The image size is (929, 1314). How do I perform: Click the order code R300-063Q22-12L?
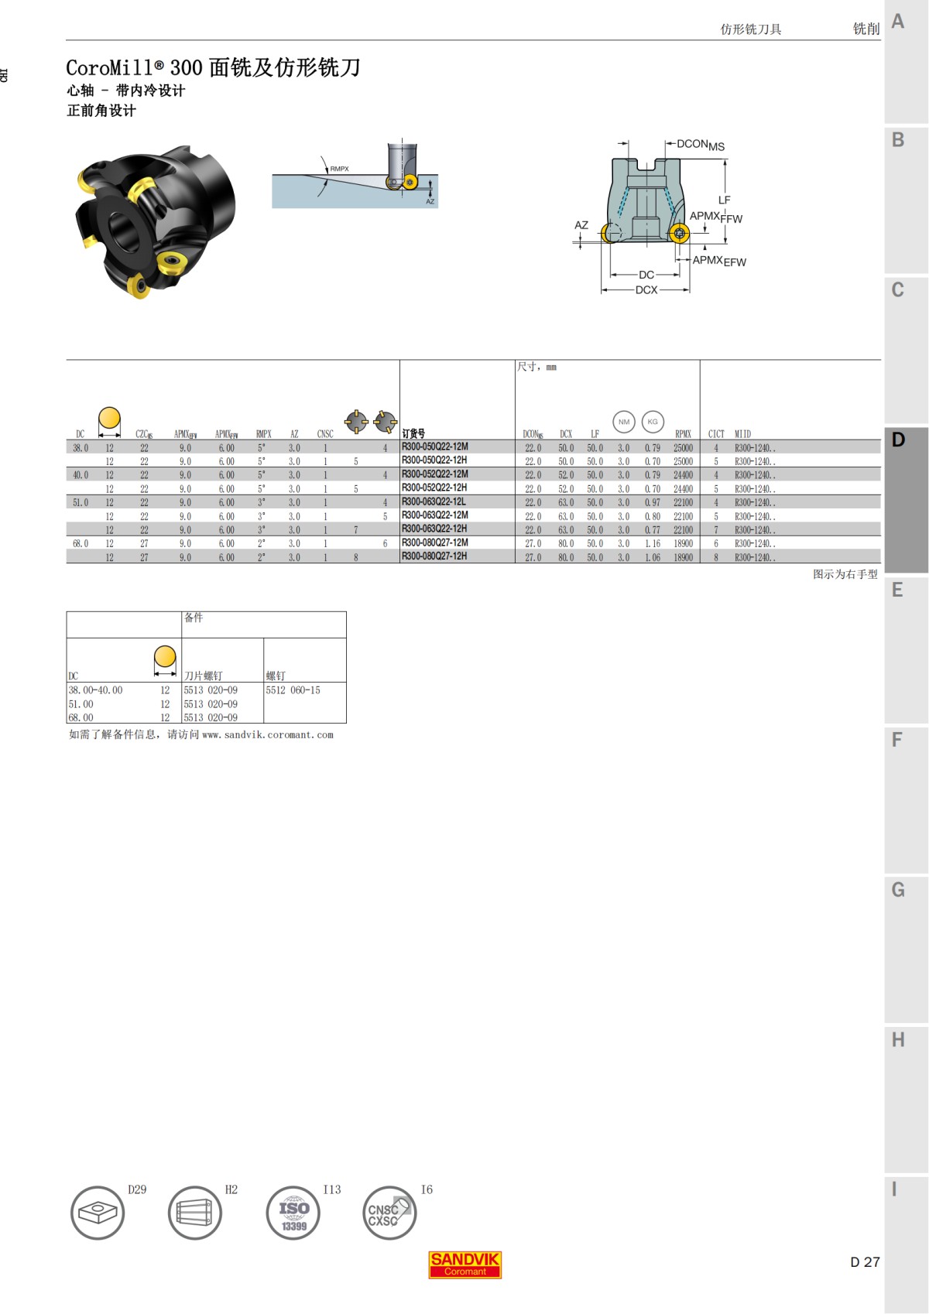tap(434, 501)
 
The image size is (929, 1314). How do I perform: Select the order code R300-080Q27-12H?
tap(434, 556)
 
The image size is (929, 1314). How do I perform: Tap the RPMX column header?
tap(682, 434)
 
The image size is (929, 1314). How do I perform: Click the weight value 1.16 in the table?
tap(653, 544)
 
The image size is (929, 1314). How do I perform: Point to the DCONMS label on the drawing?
tap(700, 145)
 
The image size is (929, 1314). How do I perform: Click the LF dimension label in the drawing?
tap(724, 200)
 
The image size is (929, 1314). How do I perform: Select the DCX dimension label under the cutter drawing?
tap(646, 290)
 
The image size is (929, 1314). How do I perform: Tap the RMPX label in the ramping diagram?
tap(339, 169)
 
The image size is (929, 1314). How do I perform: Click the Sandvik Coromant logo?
tap(464, 1264)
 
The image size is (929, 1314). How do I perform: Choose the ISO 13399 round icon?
tap(293, 1213)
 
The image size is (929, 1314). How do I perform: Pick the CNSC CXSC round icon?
tap(389, 1213)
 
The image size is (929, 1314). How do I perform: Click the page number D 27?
tap(864, 1262)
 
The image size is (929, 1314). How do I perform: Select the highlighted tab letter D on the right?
tap(898, 440)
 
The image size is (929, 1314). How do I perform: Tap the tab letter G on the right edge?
tap(898, 890)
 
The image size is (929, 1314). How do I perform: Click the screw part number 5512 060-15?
tap(293, 690)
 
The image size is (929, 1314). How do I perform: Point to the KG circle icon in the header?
tap(653, 422)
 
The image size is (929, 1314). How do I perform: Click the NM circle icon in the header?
tap(624, 422)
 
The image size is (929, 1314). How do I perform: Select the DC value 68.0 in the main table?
tap(81, 544)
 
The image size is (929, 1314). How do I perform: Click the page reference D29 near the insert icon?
tap(137, 1189)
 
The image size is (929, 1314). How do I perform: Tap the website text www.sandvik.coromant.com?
tap(267, 735)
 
